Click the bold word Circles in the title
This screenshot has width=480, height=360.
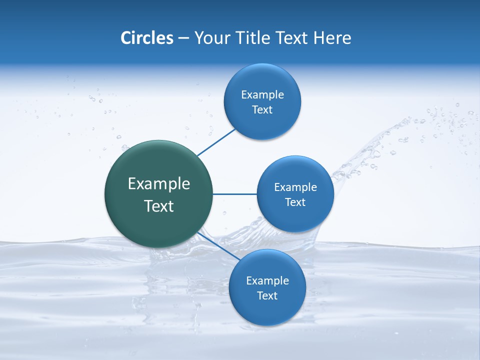click(x=147, y=38)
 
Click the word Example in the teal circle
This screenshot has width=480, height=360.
click(x=159, y=184)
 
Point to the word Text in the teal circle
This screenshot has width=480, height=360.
click(x=159, y=206)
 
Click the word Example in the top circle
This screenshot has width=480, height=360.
click(x=262, y=95)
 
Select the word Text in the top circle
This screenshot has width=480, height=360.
click(x=262, y=110)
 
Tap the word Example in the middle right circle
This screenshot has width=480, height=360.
click(x=295, y=187)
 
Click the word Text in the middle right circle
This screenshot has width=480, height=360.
click(x=295, y=202)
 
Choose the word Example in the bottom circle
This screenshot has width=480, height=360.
click(x=267, y=281)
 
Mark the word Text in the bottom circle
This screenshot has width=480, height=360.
click(x=267, y=296)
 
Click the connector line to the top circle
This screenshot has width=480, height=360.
click(x=216, y=142)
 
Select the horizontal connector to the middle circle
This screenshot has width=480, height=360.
click(x=234, y=194)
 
